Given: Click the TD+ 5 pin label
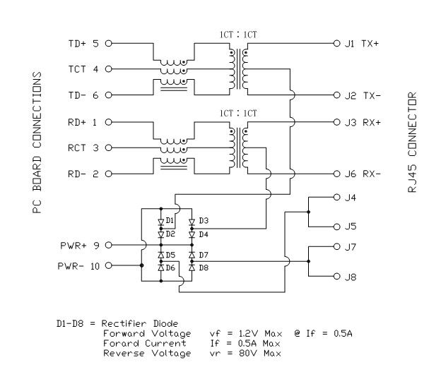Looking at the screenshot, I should click(x=83, y=43).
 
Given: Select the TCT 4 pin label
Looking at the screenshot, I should click(x=83, y=69).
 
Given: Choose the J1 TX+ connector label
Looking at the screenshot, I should click(x=362, y=43).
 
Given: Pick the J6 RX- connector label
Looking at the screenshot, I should click(x=362, y=174).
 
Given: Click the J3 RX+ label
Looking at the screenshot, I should click(x=362, y=121).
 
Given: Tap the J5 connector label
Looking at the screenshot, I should click(x=349, y=227).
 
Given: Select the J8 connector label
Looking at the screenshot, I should click(x=349, y=277).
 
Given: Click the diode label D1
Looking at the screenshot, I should click(x=170, y=222).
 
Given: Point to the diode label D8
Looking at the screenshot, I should click(x=204, y=268).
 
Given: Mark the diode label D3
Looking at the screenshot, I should click(x=204, y=222).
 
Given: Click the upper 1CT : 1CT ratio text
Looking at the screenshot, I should click(x=237, y=34).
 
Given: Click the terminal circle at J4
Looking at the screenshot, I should click(x=336, y=198).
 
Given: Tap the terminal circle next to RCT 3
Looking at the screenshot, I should click(x=109, y=148).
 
